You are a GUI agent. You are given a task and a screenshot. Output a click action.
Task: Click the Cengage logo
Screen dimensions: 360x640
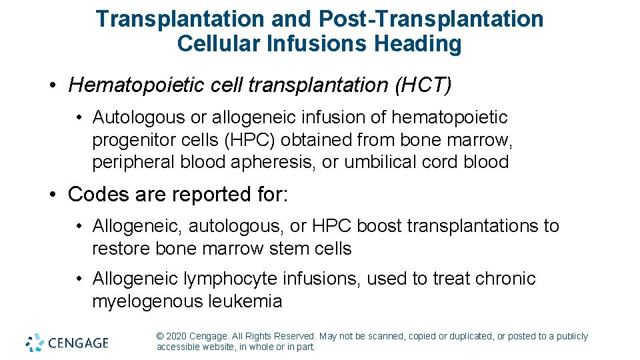(x=67, y=343)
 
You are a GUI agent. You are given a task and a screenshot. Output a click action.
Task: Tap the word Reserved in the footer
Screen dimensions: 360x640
(x=294, y=337)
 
